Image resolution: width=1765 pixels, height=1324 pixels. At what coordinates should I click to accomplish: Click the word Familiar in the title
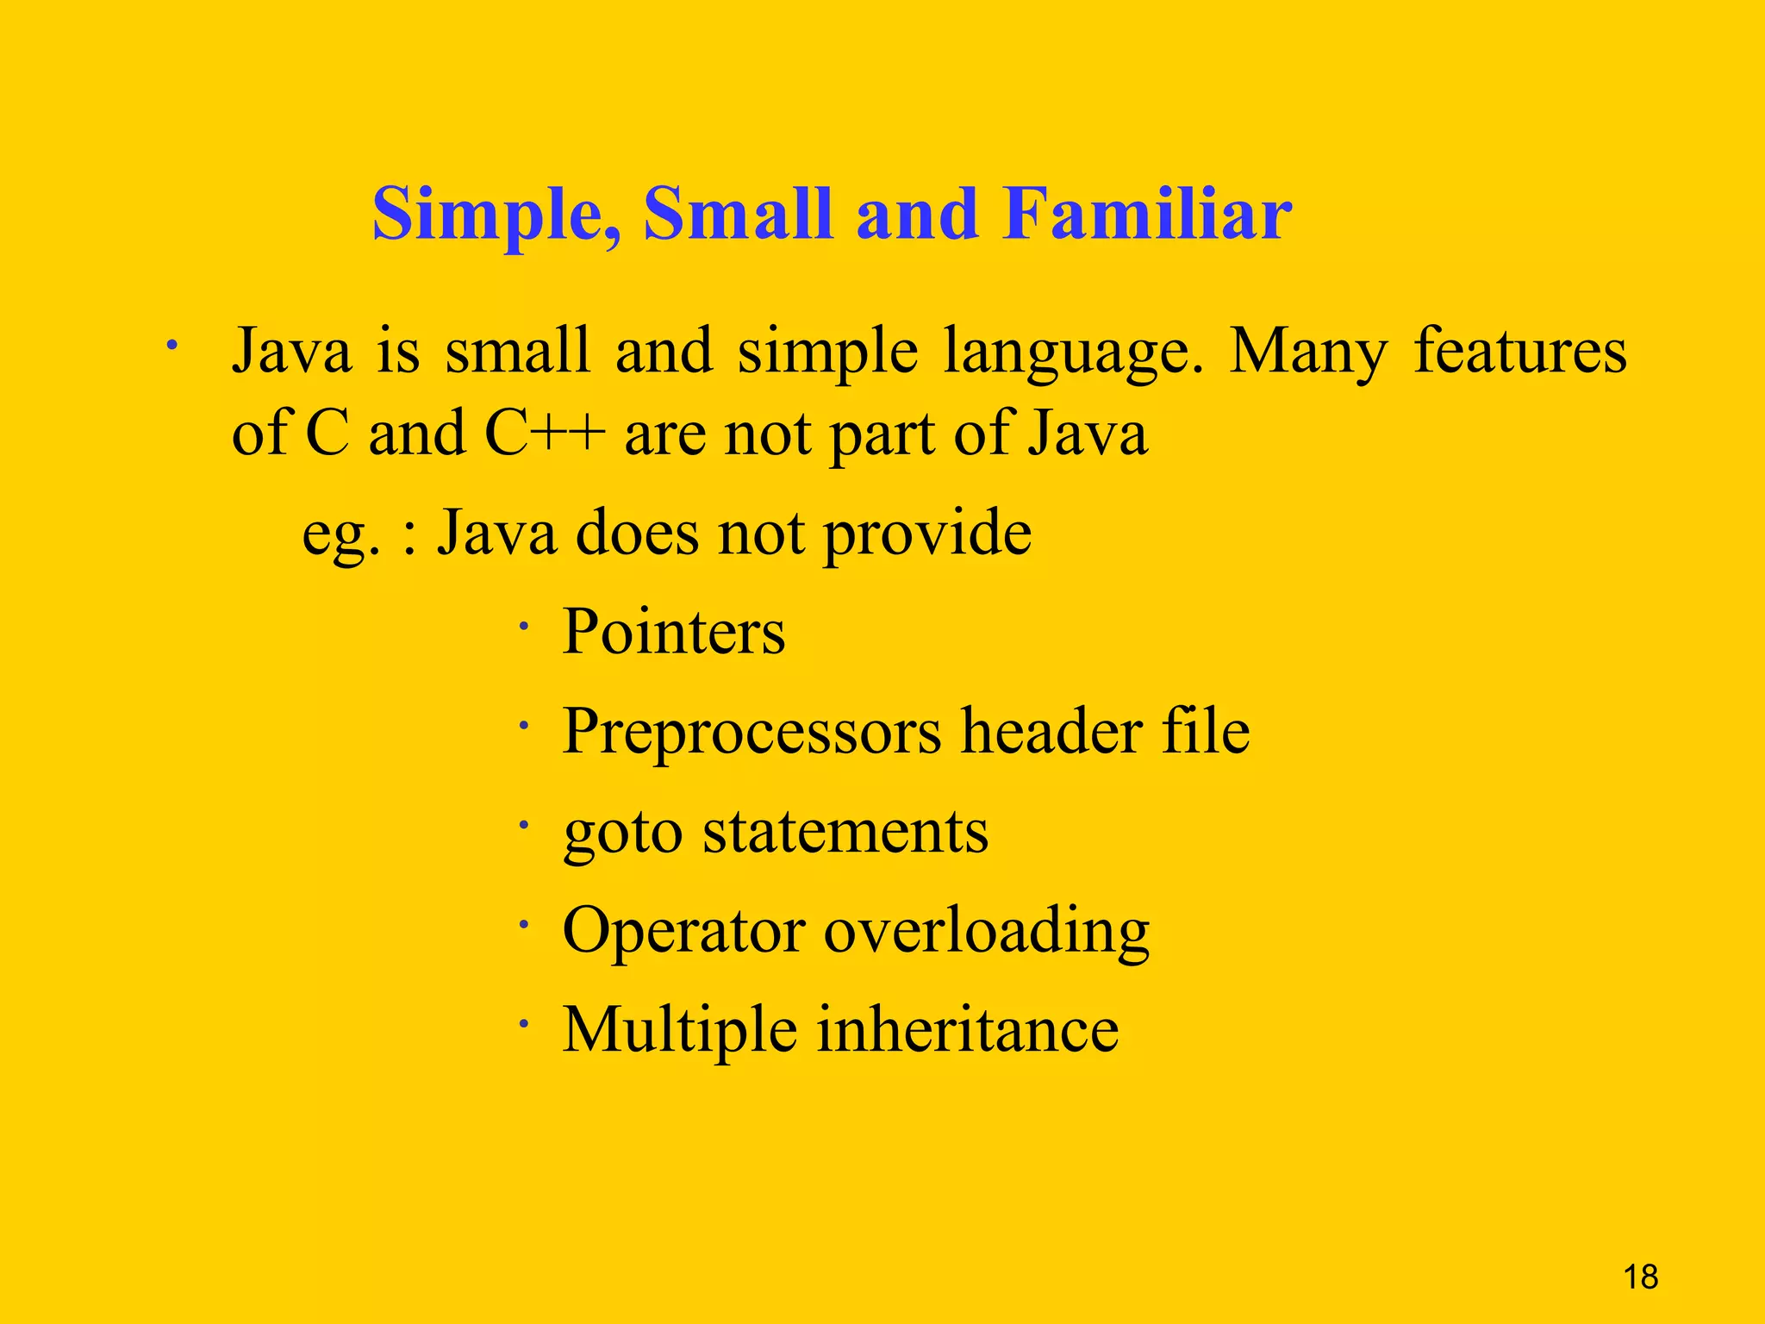(x=1146, y=215)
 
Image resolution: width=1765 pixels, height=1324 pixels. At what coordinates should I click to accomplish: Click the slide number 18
(x=1640, y=1277)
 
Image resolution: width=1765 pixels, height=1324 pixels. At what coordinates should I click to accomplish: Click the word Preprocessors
(x=752, y=733)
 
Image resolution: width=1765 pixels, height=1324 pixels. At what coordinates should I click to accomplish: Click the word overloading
(x=986, y=933)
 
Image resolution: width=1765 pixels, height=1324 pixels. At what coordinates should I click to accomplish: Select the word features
(x=1520, y=351)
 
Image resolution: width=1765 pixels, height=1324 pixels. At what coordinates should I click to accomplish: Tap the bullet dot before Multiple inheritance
(x=522, y=1025)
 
